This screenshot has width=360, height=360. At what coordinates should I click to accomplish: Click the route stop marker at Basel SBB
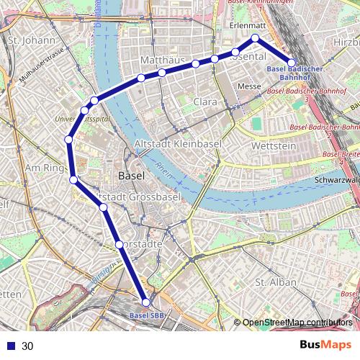click(x=145, y=303)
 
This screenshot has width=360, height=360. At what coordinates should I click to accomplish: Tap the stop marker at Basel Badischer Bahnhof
click(x=292, y=63)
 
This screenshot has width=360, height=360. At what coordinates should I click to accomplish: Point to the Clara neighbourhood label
click(x=204, y=102)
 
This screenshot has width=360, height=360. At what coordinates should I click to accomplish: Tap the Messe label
click(x=248, y=86)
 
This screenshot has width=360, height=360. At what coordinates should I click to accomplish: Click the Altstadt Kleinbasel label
click(x=177, y=144)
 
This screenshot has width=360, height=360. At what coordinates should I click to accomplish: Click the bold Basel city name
click(x=130, y=176)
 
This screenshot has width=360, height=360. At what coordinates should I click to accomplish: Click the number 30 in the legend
click(x=27, y=346)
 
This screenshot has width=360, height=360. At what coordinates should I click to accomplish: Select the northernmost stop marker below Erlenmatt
click(x=254, y=37)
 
